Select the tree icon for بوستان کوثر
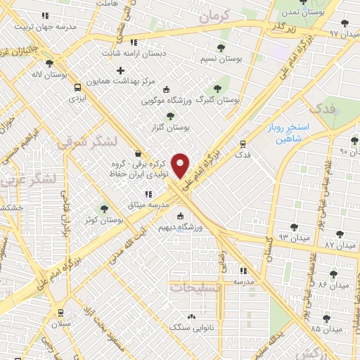pos(105,208)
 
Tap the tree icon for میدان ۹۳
pos(293,227)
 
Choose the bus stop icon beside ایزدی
pos(77,87)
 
